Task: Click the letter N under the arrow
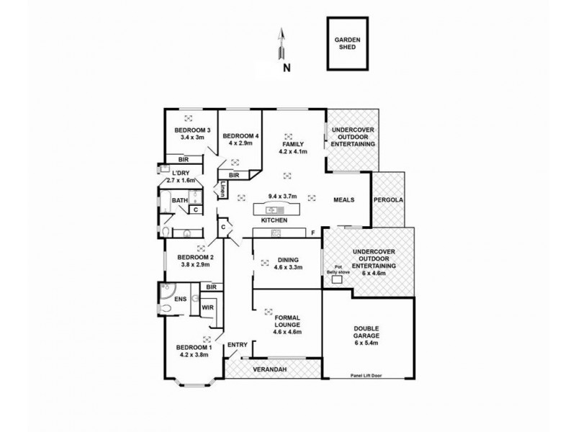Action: pos(287,68)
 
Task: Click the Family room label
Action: pos(293,144)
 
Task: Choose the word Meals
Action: pos(343,200)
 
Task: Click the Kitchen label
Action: pos(274,220)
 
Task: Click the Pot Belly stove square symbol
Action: pos(336,282)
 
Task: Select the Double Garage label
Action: pos(369,331)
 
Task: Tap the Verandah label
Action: pos(272,369)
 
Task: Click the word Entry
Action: pos(237,346)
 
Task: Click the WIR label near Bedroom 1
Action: pos(207,308)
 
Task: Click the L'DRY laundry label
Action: pos(183,174)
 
